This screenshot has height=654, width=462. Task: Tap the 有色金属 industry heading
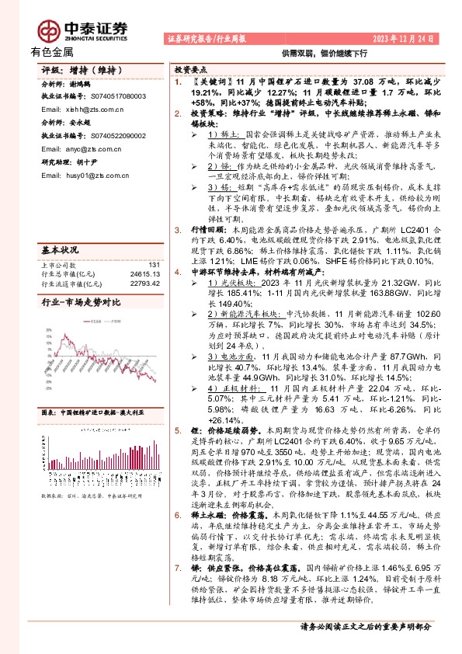tap(52, 52)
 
